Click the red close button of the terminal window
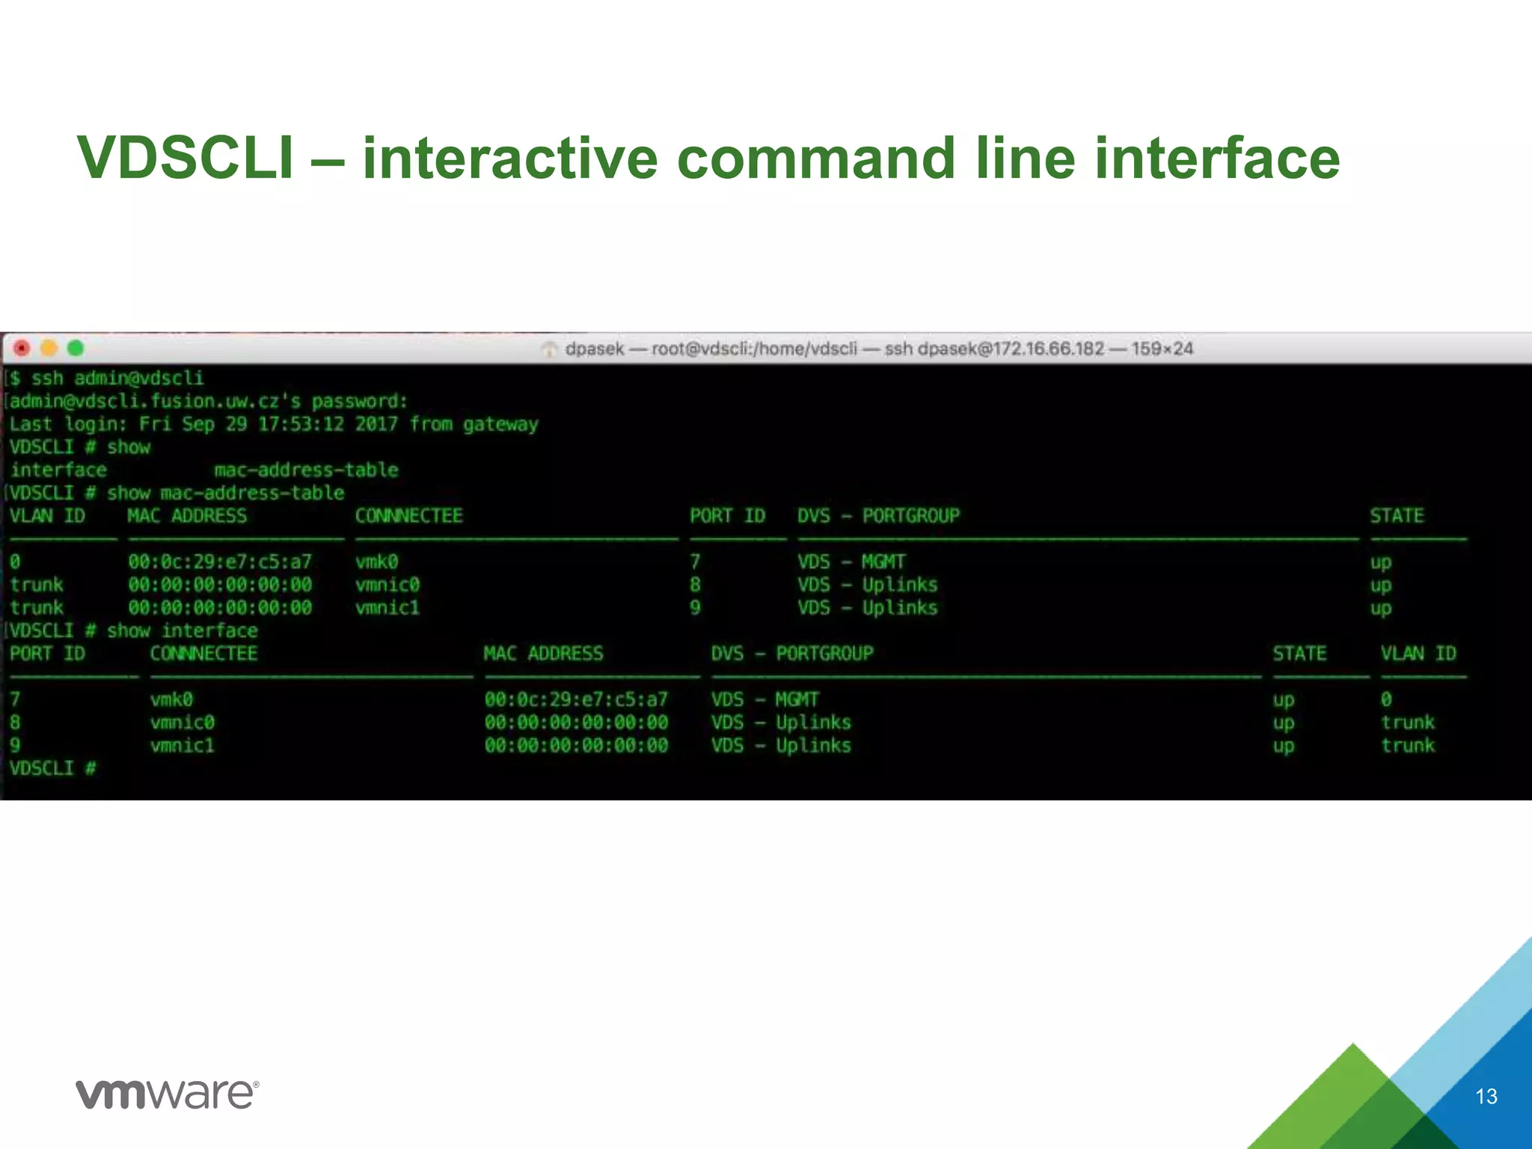(x=22, y=349)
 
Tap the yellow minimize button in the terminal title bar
(x=49, y=349)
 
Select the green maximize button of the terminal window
(x=76, y=349)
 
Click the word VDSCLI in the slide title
(x=186, y=158)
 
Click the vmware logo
(x=167, y=1094)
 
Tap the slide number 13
(x=1486, y=1097)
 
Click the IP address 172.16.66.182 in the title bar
(x=1050, y=349)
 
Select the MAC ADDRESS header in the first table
(x=187, y=516)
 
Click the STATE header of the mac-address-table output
(x=1397, y=516)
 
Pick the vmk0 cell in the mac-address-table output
(x=376, y=562)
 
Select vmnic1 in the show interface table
(x=182, y=746)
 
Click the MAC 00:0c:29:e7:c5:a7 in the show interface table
(x=576, y=700)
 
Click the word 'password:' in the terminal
(x=360, y=402)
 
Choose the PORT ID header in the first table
(x=727, y=516)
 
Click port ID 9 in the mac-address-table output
(x=695, y=607)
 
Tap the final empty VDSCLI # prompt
(x=52, y=768)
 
